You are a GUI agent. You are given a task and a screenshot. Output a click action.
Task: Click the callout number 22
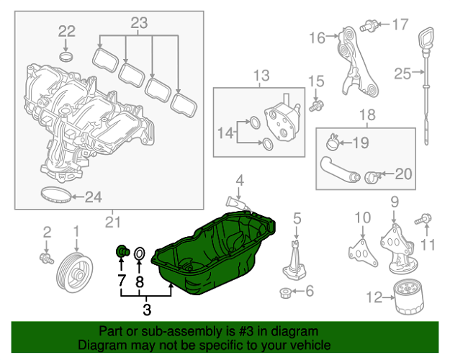pos(66,30)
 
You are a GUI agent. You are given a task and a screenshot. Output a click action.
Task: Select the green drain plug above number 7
pos(122,252)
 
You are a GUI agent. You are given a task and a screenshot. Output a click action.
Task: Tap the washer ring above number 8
pos(140,253)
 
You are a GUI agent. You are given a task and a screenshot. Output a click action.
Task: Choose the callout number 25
pos(402,72)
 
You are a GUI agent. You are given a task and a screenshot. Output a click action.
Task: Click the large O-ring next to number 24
pos(55,195)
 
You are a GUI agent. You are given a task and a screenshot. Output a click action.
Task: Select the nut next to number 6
pos(285,292)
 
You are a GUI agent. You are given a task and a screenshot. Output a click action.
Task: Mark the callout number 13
pos(260,75)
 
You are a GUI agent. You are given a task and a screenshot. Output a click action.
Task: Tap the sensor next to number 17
pos(372,26)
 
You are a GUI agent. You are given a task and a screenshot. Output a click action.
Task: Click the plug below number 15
pos(315,107)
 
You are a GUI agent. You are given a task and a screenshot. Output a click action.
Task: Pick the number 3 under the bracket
pos(147,311)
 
